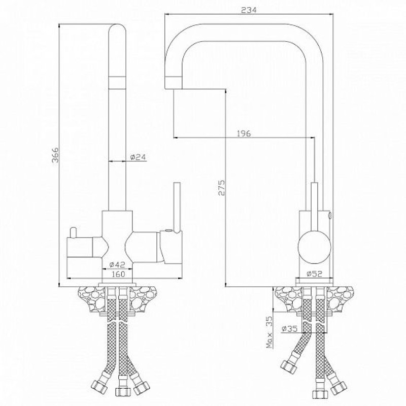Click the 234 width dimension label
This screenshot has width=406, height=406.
[249, 10]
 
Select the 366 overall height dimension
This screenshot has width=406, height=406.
[55, 155]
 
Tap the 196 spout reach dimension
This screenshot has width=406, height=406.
[244, 133]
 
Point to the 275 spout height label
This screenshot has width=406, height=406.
[222, 188]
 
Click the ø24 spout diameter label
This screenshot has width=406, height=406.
[138, 157]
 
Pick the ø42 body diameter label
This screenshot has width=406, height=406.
[117, 264]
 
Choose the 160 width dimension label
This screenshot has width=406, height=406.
[119, 274]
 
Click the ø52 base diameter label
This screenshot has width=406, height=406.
[314, 274]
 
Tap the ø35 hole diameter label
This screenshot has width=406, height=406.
[290, 329]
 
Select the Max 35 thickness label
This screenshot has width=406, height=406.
[270, 332]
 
